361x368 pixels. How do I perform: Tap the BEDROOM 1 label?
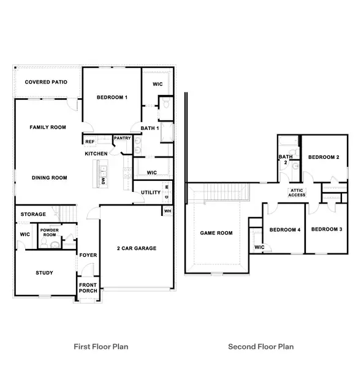(x=112, y=98)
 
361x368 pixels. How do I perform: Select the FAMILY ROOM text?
(x=48, y=128)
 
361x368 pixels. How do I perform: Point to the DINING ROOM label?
(x=49, y=178)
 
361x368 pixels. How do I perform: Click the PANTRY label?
(x=122, y=139)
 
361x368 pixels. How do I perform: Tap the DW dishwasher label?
(x=104, y=182)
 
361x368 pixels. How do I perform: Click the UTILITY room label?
(x=150, y=193)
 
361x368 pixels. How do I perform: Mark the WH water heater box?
(x=167, y=211)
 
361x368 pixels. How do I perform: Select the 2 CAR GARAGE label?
(x=137, y=248)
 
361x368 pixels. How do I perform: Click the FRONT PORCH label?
(x=87, y=288)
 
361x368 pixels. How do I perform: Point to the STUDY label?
(x=44, y=273)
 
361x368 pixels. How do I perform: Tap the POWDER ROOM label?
(x=49, y=233)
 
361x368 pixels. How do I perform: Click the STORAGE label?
(x=33, y=214)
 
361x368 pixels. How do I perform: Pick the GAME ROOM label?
(x=217, y=233)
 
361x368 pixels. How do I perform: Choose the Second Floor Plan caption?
(x=260, y=347)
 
